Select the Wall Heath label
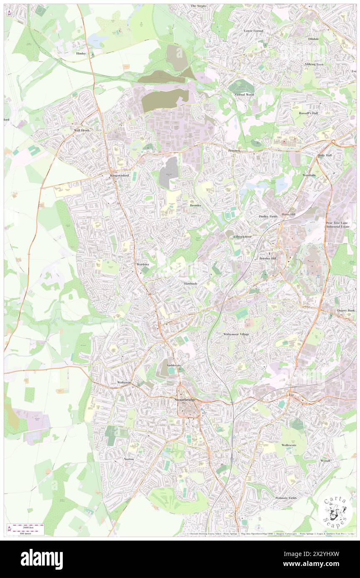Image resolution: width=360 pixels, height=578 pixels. (x=82, y=130)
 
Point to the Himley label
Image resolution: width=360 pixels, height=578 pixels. (x=81, y=54)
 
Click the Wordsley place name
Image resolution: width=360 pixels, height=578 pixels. (x=143, y=264)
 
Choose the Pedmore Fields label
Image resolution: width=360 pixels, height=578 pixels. (x=286, y=498)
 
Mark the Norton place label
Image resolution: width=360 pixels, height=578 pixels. (x=129, y=459)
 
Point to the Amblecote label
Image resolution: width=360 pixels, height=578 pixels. (x=174, y=365)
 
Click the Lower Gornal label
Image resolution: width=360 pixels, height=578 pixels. (x=254, y=31)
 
